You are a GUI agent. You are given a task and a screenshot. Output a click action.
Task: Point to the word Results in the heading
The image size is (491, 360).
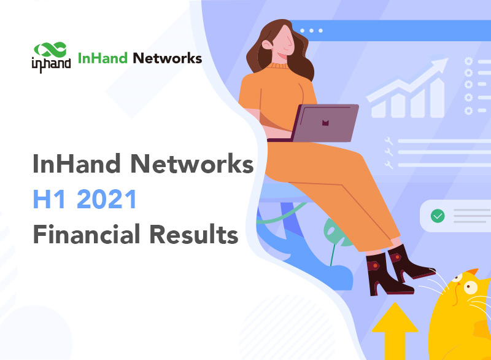(x=195, y=235)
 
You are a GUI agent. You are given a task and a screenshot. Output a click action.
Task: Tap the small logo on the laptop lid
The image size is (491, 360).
(x=325, y=123)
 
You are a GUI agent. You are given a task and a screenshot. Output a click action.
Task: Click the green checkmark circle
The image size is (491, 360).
(x=438, y=216)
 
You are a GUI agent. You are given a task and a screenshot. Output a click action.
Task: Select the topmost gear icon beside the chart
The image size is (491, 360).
(x=469, y=61)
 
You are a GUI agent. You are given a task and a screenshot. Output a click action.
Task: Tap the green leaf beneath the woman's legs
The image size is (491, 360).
(x=334, y=236)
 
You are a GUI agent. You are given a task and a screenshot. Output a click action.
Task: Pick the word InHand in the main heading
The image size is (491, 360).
(x=71, y=165)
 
